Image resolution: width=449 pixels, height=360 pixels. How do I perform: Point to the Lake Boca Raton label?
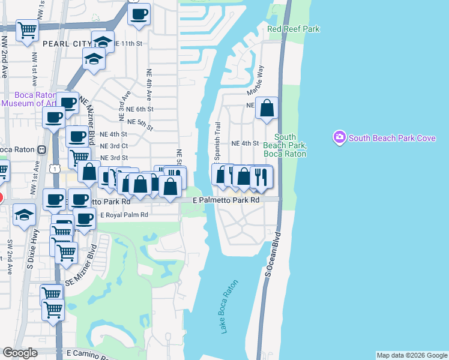click(x=231, y=306)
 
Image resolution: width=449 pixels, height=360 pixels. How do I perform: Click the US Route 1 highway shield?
click(x=55, y=170)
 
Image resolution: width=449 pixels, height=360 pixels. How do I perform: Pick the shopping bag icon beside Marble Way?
click(x=267, y=109)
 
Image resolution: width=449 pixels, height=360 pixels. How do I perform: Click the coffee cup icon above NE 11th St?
click(x=139, y=13)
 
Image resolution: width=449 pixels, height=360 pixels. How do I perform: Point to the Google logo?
click(x=20, y=353)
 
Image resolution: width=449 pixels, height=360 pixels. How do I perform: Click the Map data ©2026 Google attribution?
click(x=411, y=355)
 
